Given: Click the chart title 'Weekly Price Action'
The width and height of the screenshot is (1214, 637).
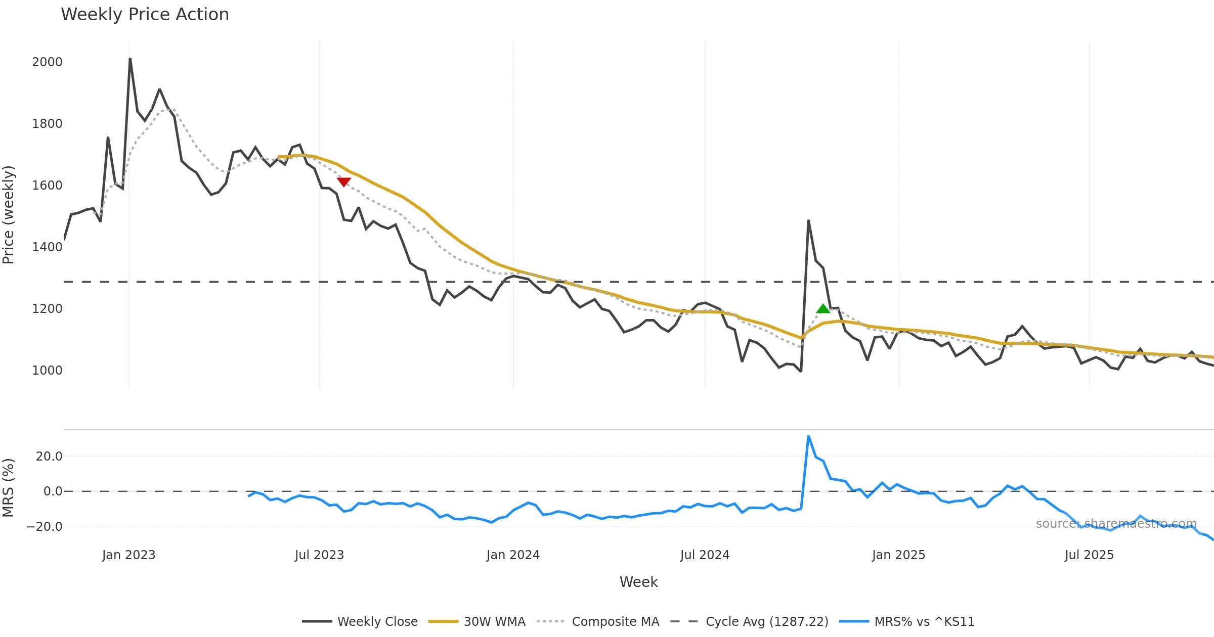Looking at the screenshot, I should click(145, 15).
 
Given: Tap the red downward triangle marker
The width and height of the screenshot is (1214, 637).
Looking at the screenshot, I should click(344, 182).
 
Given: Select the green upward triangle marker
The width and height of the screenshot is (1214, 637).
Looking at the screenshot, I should click(823, 308).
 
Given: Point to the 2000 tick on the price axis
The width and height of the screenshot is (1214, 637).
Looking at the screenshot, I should click(47, 62).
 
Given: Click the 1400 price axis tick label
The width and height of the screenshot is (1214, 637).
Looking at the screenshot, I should click(47, 247).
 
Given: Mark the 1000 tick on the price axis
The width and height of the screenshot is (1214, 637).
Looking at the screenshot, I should click(47, 371).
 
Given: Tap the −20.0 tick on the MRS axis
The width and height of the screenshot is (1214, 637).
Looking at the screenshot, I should click(45, 526).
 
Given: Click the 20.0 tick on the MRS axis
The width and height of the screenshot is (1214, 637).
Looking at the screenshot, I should click(49, 457).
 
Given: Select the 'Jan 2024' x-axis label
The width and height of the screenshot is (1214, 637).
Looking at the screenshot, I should click(513, 555).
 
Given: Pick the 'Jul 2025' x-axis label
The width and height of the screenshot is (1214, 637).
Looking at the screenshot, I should click(1089, 555).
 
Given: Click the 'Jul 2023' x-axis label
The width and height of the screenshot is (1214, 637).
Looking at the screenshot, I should click(319, 555).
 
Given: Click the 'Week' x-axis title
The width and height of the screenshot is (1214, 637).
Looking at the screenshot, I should click(638, 582).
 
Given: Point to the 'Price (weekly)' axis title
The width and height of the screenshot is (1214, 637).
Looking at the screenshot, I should click(9, 215).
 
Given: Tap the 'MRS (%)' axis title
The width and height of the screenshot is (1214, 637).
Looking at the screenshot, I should click(9, 488).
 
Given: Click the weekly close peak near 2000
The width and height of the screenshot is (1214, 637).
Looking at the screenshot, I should click(130, 59).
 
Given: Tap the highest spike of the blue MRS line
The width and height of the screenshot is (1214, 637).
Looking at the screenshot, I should click(808, 436).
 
